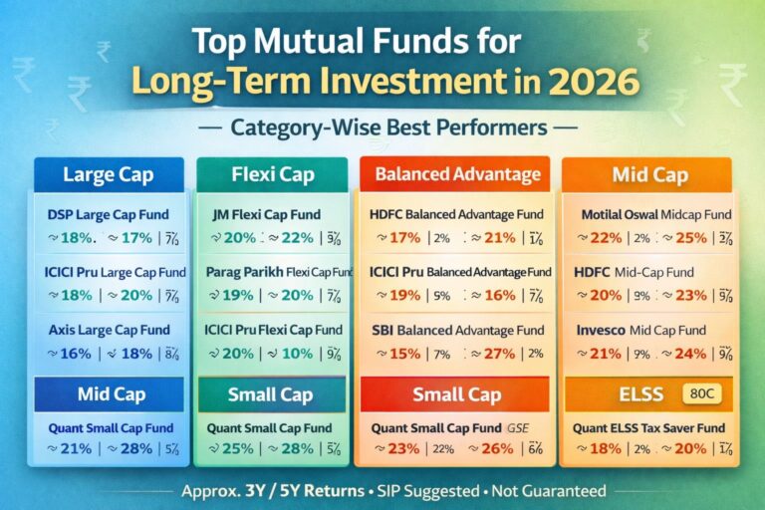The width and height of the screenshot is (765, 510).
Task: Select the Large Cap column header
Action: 109,175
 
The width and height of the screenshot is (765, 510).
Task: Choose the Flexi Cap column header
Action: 271,175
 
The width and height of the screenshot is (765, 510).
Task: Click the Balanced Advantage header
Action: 457,175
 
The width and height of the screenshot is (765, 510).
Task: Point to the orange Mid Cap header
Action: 649,175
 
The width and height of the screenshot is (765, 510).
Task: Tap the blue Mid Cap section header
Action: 109,394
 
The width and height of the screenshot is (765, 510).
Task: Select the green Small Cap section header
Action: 272,394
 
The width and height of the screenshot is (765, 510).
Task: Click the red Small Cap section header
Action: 457,394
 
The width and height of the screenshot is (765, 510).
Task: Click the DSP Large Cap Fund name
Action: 108,214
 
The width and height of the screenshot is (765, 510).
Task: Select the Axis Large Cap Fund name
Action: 108,330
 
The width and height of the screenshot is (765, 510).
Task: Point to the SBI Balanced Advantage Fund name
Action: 457,330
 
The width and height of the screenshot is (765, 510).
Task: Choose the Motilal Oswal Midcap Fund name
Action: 655,214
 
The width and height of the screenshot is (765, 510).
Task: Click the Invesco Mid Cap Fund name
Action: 640,330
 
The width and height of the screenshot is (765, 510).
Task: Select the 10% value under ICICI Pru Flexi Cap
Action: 296,354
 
